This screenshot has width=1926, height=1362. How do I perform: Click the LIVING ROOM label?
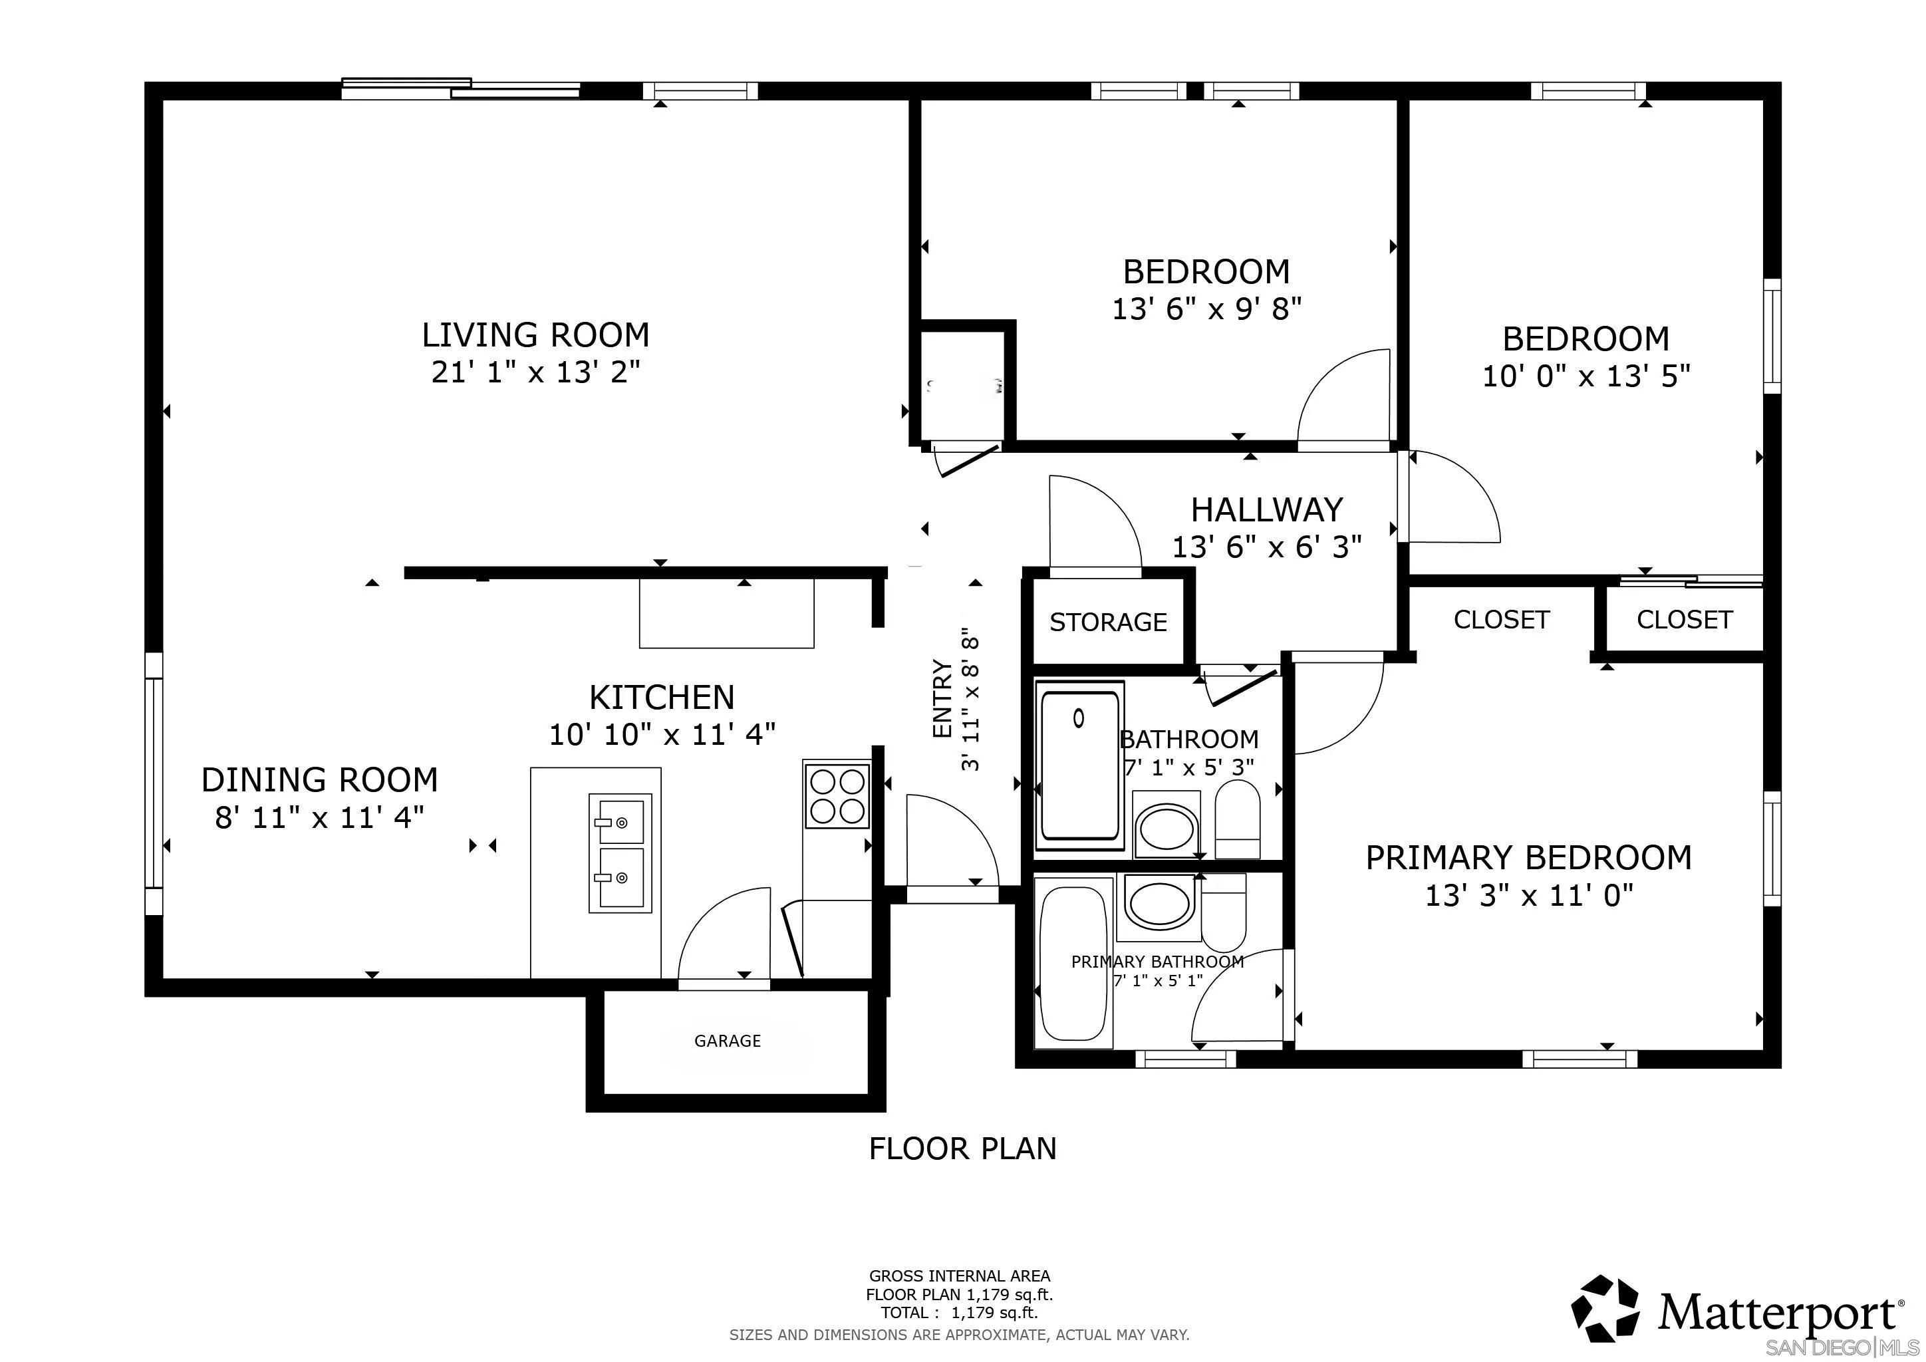(535, 335)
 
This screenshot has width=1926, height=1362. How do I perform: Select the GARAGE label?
(728, 1041)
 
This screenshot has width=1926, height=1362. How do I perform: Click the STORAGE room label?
(1108, 622)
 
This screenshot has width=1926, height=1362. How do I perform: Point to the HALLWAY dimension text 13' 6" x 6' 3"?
(1267, 547)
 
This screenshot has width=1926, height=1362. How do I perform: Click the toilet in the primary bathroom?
(1224, 912)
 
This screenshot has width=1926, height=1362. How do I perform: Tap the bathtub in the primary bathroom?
(1073, 961)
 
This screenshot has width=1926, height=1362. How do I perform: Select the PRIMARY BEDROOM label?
(1529, 858)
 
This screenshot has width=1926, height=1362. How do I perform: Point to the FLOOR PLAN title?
(962, 1148)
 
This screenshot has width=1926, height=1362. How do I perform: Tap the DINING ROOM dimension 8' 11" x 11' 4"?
(320, 817)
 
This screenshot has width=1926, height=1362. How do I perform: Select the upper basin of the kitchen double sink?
(620, 822)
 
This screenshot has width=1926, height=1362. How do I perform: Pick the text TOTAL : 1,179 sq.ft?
(959, 1313)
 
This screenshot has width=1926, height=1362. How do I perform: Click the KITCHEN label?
(662, 698)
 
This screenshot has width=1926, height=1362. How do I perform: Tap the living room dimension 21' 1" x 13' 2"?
(535, 372)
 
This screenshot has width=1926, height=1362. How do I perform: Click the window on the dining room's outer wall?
(154, 783)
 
